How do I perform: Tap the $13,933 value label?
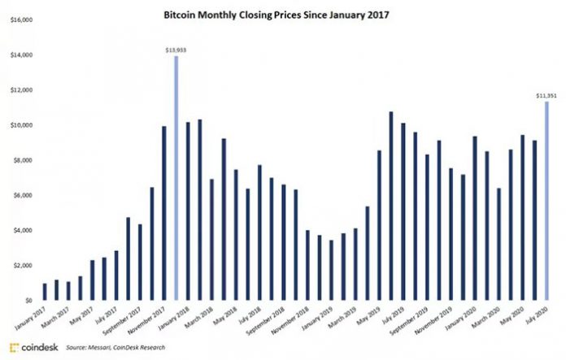tap(176, 50)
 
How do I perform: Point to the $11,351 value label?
tap(546, 95)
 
